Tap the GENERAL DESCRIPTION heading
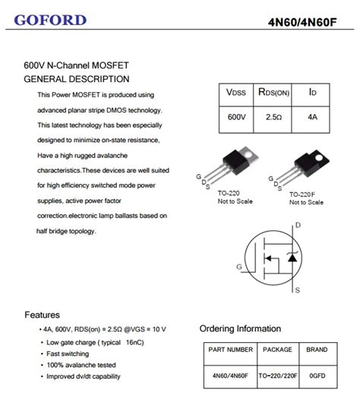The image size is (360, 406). (x=77, y=79)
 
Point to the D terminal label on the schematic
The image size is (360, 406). (x=298, y=225)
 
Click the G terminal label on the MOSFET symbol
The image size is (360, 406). (x=239, y=266)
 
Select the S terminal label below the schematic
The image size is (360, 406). (x=297, y=290)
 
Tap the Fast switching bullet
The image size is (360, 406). (x=69, y=354)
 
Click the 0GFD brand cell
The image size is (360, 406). (x=317, y=375)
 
